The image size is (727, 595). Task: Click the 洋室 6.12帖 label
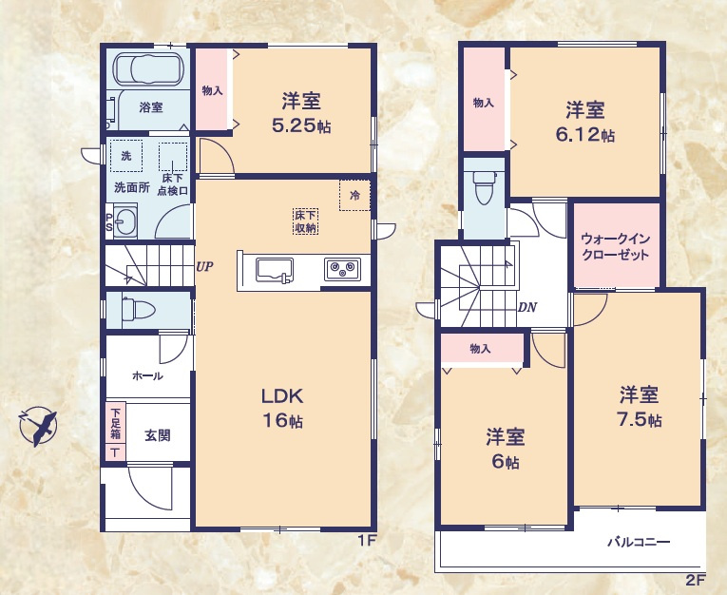tap(584, 121)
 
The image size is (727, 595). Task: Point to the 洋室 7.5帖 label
tap(639, 406)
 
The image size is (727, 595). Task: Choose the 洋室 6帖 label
tap(505, 449)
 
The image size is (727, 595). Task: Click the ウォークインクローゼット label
tap(615, 246)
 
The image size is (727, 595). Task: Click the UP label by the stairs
tap(203, 267)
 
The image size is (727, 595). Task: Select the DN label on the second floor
tap(527, 307)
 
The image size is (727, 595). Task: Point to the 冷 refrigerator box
tap(354, 196)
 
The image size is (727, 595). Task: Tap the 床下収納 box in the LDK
tap(305, 221)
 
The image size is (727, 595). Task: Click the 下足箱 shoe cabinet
tap(115, 432)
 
